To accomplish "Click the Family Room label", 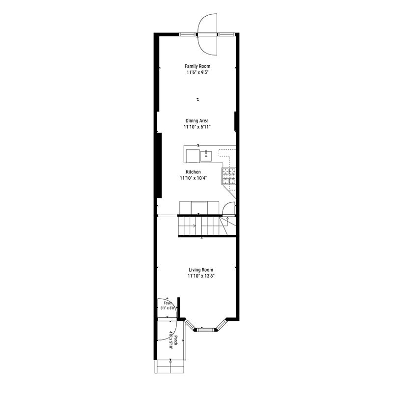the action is [197, 66].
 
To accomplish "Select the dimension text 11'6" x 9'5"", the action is [197, 72].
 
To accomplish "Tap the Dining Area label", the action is [197, 120].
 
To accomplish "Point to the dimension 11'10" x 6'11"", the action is [197, 127].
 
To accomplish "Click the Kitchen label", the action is [193, 172].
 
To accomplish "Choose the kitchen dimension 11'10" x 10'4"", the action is [193, 178].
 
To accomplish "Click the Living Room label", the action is [201, 270].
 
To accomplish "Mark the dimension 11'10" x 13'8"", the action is [201, 276].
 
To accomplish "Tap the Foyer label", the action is [168, 303].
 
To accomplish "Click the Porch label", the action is [176, 340].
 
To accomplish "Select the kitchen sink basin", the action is [206, 156].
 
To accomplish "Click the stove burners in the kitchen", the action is [228, 176].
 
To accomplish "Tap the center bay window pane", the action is [206, 330].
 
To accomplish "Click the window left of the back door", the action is [188, 34].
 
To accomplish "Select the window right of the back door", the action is [226, 34].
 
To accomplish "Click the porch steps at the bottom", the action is [170, 366].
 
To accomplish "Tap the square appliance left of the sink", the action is [193, 156].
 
